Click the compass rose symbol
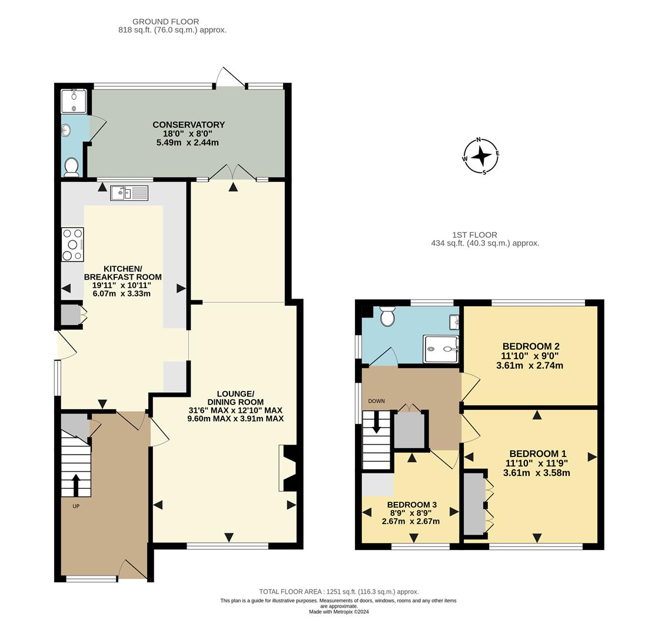click(x=481, y=156)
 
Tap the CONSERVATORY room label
click(x=188, y=125)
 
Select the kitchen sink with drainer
click(x=130, y=192)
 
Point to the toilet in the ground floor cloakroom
click(x=71, y=167)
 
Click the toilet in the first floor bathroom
click(x=387, y=317)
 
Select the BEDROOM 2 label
click(x=530, y=346)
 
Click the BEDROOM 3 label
click(x=411, y=505)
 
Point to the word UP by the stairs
click(x=76, y=506)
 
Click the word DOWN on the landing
click(x=376, y=401)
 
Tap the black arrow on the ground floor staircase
click(x=76, y=485)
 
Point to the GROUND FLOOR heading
click(x=165, y=22)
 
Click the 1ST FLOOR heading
click(x=474, y=235)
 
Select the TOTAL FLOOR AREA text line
click(x=338, y=592)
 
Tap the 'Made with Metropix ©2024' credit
click(x=338, y=612)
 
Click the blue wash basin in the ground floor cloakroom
click(x=65, y=130)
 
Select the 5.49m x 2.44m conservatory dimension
click(x=187, y=143)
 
